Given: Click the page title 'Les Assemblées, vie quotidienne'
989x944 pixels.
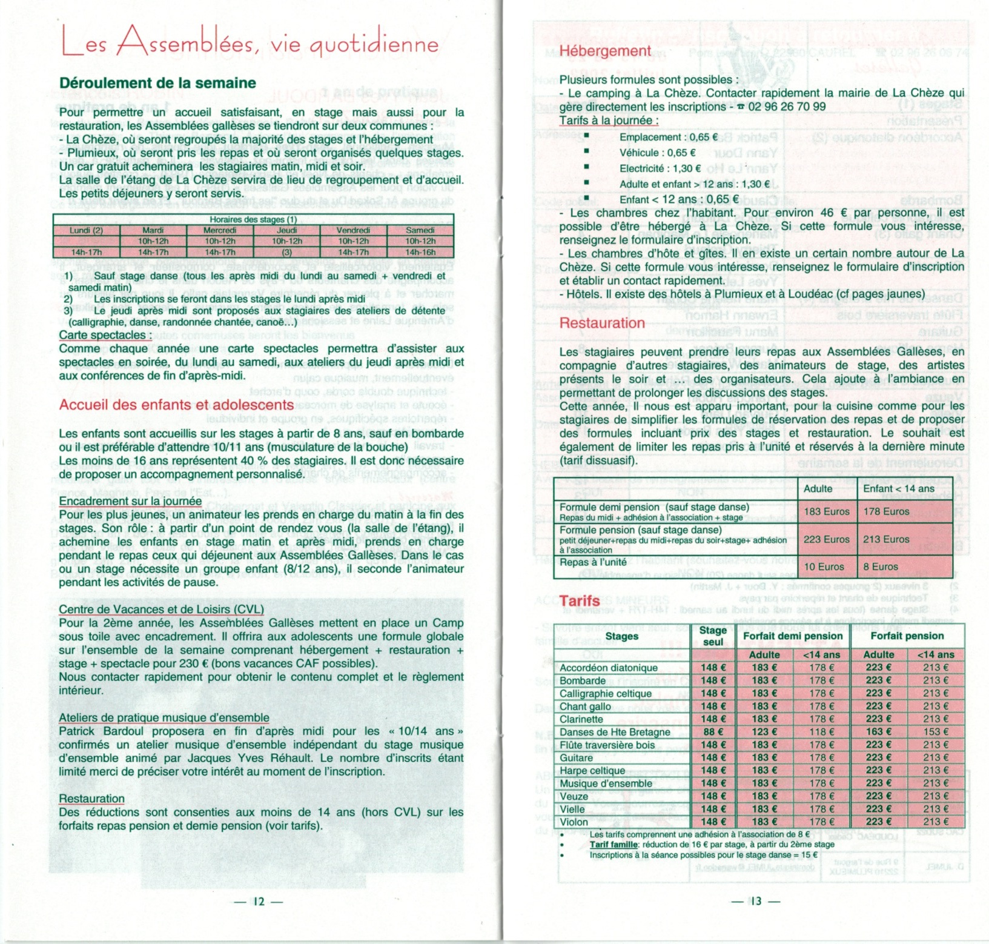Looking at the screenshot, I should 250,44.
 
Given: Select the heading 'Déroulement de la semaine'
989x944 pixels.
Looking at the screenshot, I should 157,83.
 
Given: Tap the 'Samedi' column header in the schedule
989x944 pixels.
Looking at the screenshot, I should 420,230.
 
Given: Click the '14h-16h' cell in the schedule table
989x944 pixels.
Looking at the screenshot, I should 420,252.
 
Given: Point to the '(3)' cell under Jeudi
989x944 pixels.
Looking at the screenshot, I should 287,252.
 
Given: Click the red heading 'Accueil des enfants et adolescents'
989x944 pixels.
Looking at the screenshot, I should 176,405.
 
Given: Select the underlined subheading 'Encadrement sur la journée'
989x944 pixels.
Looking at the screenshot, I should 130,501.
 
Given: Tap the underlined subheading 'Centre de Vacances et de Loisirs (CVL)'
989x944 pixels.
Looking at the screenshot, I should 161,609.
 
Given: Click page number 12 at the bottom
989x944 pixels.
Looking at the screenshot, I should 259,901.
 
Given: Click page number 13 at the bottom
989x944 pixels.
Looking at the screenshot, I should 756,901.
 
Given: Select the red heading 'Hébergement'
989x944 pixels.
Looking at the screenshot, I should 604,51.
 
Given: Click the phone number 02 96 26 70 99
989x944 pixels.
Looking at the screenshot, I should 787,107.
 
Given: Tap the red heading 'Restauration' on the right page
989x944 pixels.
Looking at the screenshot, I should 602,323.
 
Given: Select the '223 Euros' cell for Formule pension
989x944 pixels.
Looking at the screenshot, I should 826,539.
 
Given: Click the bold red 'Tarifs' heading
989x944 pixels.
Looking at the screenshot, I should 580,601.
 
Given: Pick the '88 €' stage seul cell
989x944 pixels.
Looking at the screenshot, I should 713,732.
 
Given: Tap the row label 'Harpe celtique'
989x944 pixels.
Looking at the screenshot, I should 592,771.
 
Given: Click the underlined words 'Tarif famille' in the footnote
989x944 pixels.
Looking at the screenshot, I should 614,845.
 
